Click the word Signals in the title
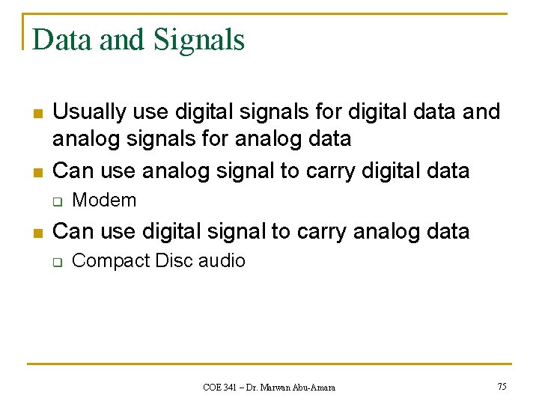(199, 40)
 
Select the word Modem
(104, 201)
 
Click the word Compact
(110, 261)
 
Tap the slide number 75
(502, 386)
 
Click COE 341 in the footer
(219, 387)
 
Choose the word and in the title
(125, 40)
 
